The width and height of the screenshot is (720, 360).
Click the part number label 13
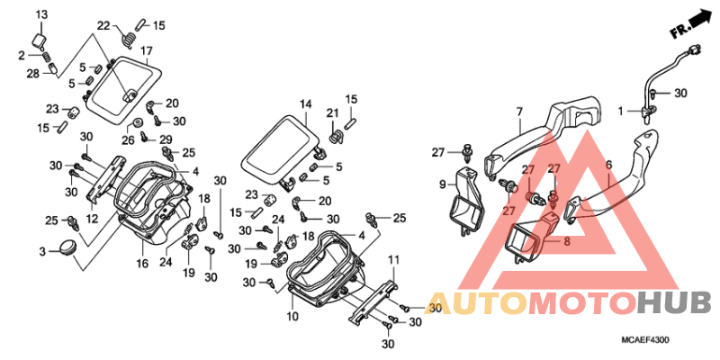click(41, 15)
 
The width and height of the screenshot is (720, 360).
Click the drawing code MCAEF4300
click(644, 340)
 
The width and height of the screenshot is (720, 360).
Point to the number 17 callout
click(146, 50)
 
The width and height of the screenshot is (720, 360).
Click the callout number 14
click(306, 104)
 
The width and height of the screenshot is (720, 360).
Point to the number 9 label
click(443, 184)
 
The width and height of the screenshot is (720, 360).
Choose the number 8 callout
click(567, 241)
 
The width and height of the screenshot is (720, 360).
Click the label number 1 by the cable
click(620, 111)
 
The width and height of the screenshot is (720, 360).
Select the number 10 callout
click(293, 317)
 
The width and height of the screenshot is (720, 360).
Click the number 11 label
click(391, 261)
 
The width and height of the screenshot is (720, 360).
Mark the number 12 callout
click(93, 220)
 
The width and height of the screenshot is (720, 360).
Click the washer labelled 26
click(137, 122)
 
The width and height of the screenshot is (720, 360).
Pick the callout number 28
click(32, 74)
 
